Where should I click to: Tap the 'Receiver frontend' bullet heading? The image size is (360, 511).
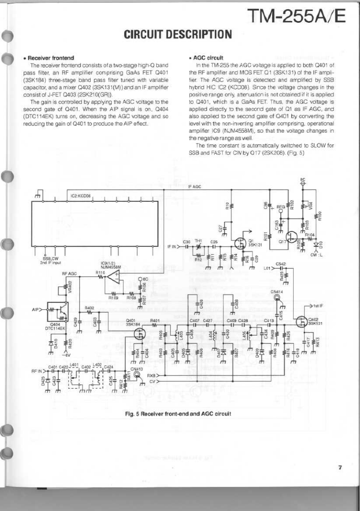click(48, 58)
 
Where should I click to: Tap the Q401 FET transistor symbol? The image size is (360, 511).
click(142, 333)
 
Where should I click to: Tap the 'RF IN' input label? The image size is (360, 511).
click(37, 371)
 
